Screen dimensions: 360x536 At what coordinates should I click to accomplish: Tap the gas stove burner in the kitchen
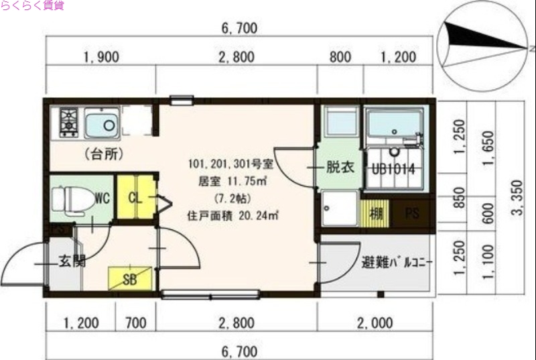click(x=69, y=122)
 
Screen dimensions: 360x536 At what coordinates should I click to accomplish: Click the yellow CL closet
click(x=135, y=197)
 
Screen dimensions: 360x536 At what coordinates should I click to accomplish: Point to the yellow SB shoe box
click(x=129, y=278)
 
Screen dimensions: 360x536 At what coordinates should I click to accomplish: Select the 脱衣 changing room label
click(x=340, y=168)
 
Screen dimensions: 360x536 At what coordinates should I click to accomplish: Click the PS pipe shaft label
click(x=413, y=215)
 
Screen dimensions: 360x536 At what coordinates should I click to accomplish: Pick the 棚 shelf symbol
click(x=377, y=215)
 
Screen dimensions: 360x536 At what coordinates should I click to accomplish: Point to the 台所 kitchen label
click(x=103, y=154)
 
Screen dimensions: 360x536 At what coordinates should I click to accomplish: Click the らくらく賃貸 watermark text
click(x=32, y=6)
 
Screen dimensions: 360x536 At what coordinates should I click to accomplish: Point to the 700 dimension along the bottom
click(x=135, y=324)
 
